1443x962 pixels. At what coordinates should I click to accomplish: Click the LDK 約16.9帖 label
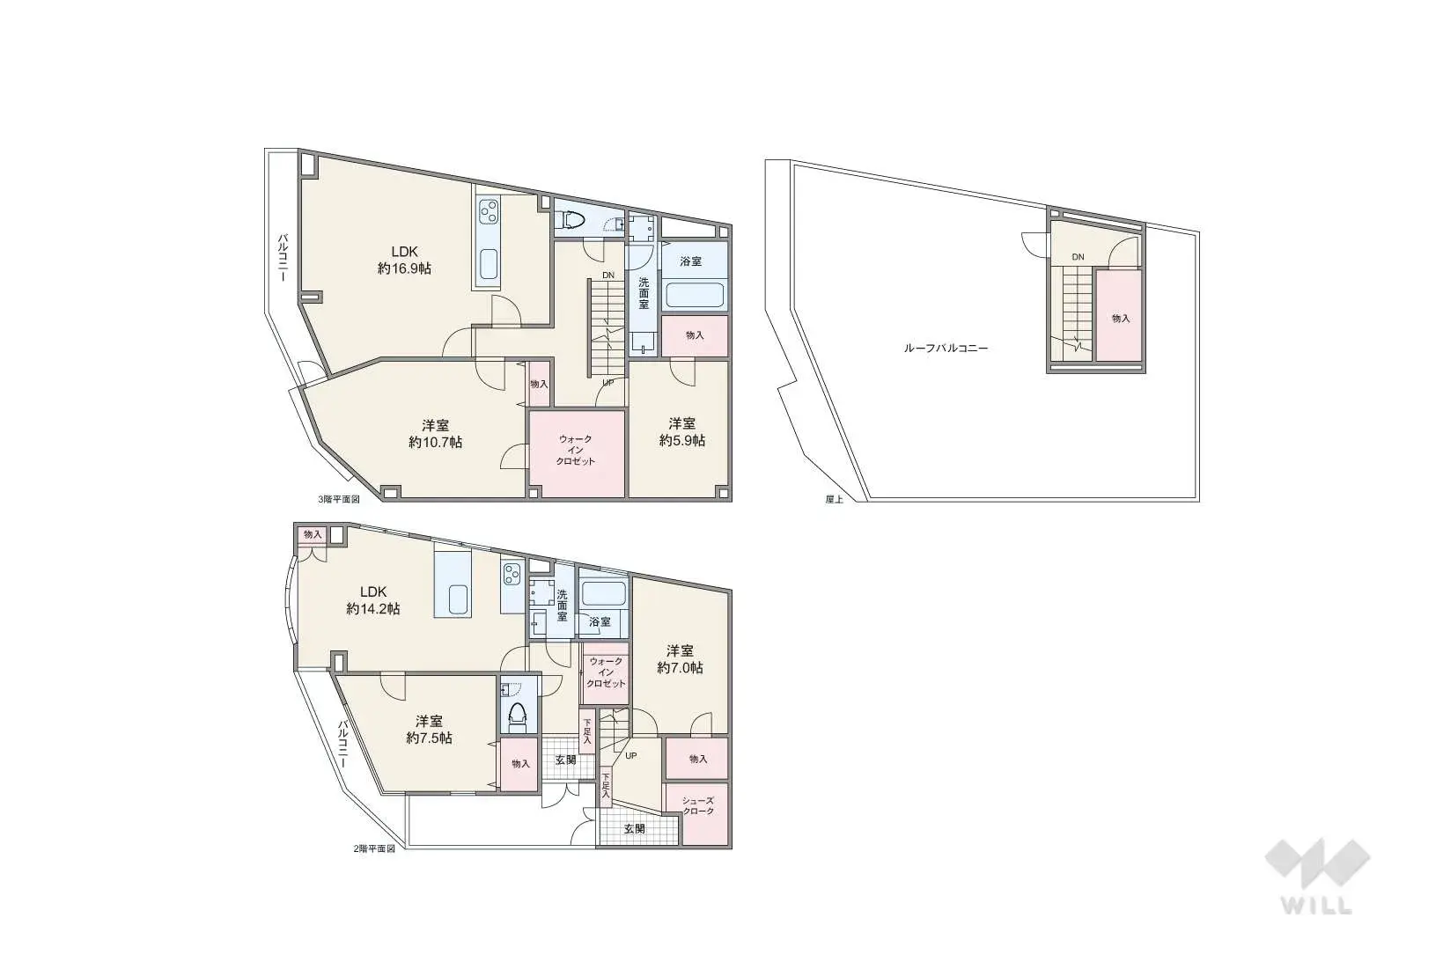[405, 261]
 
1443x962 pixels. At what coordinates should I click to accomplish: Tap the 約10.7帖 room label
[436, 434]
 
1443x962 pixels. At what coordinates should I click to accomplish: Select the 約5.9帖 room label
[682, 432]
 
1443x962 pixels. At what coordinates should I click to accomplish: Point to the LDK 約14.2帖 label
[373, 600]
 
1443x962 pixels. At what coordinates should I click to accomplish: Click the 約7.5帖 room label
[429, 730]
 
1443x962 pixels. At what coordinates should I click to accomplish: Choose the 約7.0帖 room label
[681, 659]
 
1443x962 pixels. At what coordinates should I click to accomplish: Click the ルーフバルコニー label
[946, 349]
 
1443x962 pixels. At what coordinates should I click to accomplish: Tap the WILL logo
[1317, 877]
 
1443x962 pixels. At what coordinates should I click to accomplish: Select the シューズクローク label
[698, 805]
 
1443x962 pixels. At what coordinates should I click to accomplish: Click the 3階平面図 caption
[339, 499]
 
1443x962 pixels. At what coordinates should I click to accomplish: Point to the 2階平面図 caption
[374, 848]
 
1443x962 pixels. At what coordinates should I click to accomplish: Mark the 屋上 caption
[835, 499]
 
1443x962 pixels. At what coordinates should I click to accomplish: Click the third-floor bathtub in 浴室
[695, 296]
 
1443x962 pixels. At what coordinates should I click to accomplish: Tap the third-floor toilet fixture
[572, 220]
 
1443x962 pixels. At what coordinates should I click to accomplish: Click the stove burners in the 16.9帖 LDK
[489, 211]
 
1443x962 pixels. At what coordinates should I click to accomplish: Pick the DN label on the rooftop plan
[1078, 257]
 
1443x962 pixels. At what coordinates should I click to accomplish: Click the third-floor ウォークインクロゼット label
[576, 450]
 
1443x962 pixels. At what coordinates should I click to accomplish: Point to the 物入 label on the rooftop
[1121, 318]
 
